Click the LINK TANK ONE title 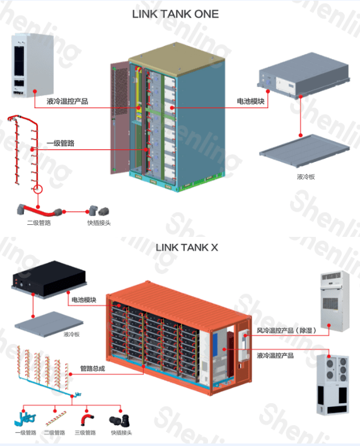tap(175, 14)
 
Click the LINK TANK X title tap(187, 248)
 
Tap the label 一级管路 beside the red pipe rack tap(61, 143)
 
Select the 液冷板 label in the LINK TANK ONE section tap(306, 177)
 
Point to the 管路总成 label tap(93, 369)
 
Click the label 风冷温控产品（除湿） tap(286, 330)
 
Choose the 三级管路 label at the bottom tap(85, 433)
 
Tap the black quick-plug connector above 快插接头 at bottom tap(120, 420)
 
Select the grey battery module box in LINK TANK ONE tap(303, 75)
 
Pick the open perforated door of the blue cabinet tap(120, 117)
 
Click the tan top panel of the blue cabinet tap(177, 59)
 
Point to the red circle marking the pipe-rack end tap(38, 189)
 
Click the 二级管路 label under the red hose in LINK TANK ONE tap(39, 223)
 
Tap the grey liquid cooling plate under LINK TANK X tap(49, 324)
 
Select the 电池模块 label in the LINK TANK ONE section tap(250, 101)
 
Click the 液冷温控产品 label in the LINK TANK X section tap(275, 355)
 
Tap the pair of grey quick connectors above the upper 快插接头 tap(99, 211)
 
